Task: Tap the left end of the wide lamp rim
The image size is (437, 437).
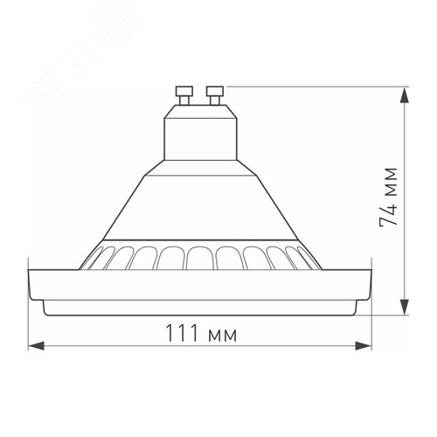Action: tap(35, 283)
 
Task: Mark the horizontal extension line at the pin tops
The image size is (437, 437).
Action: tap(315, 85)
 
